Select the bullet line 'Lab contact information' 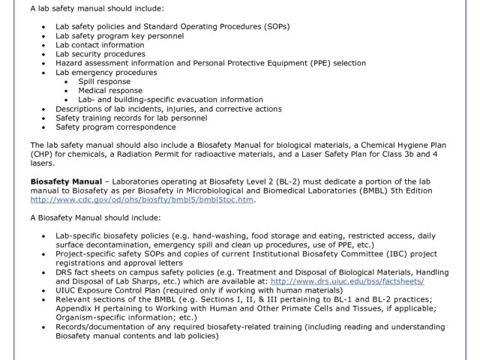(x=100, y=44)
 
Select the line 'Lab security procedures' (x=100, y=54)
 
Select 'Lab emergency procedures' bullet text (x=104, y=72)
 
